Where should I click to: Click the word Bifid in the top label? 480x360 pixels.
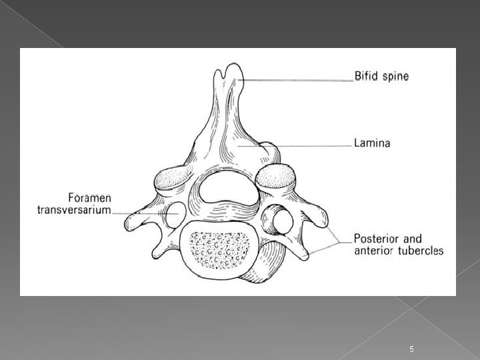367,77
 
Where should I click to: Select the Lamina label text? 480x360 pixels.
372,142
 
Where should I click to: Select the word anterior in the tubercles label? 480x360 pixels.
375,251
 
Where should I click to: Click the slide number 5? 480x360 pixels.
412,331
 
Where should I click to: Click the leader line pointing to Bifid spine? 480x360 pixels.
300,79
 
